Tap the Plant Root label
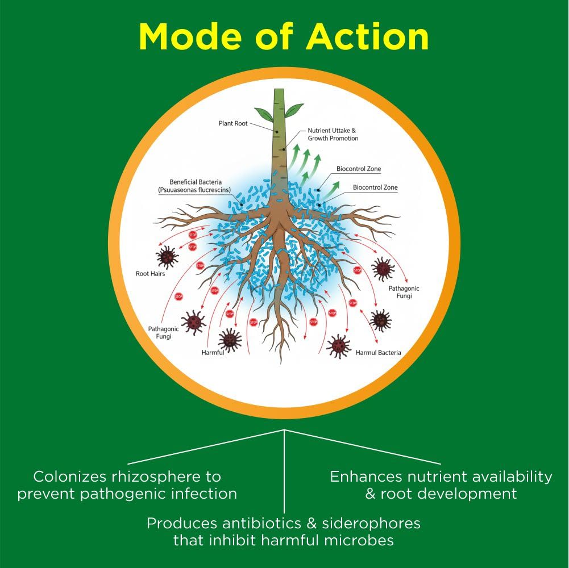point(233,123)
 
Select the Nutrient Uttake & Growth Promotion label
point(333,134)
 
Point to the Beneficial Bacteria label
point(195,186)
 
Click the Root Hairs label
point(150,274)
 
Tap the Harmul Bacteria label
point(378,353)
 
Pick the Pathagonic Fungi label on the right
point(404,292)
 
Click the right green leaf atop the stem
point(294,110)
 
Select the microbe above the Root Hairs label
point(167,257)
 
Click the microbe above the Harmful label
point(230,339)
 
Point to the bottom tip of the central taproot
point(280,362)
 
